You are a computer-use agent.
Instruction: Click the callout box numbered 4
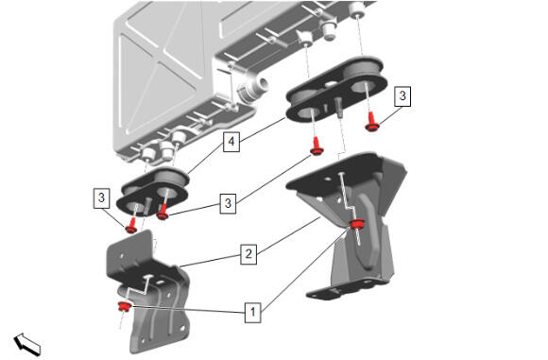[x=231, y=142]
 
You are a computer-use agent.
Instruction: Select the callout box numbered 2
[x=248, y=254]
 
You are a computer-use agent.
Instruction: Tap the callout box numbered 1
[x=253, y=312]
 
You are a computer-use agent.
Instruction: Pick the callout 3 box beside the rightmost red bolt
[x=402, y=95]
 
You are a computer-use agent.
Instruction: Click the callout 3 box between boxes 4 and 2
[x=228, y=203]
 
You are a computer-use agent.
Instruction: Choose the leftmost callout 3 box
[x=101, y=198]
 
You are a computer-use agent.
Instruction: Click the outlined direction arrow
[x=27, y=344]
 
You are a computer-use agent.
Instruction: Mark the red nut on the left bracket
[x=124, y=306]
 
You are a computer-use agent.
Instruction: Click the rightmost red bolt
[x=372, y=122]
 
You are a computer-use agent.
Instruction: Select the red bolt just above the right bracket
[x=317, y=146]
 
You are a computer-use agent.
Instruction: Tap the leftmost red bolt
[x=131, y=226]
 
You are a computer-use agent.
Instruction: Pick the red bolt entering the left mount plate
[x=163, y=211]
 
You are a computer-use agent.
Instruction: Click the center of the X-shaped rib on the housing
[x=160, y=63]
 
